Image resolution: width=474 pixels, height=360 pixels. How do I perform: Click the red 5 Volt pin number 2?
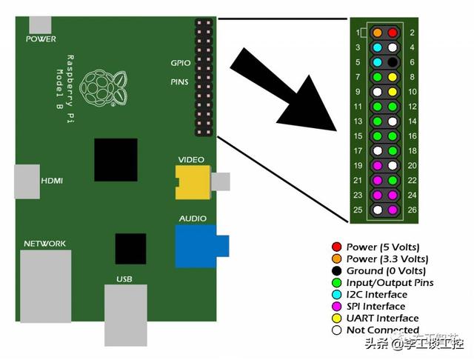click(393, 33)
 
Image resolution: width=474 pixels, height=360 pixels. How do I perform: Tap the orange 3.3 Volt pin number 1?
click(378, 33)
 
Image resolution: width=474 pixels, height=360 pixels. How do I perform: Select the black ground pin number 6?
click(393, 62)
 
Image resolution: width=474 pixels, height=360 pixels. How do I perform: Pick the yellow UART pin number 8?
click(393, 76)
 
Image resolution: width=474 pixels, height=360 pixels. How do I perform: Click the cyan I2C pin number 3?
click(378, 47)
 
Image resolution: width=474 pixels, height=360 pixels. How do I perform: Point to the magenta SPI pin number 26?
click(393, 210)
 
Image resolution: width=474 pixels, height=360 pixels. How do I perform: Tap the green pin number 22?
click(393, 180)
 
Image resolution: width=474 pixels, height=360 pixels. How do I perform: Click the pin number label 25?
click(358, 210)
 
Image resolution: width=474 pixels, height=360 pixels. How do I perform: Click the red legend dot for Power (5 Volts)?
click(338, 247)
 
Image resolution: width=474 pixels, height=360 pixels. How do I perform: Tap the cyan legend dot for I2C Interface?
click(338, 294)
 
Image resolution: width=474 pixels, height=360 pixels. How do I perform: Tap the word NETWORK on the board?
click(44, 244)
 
